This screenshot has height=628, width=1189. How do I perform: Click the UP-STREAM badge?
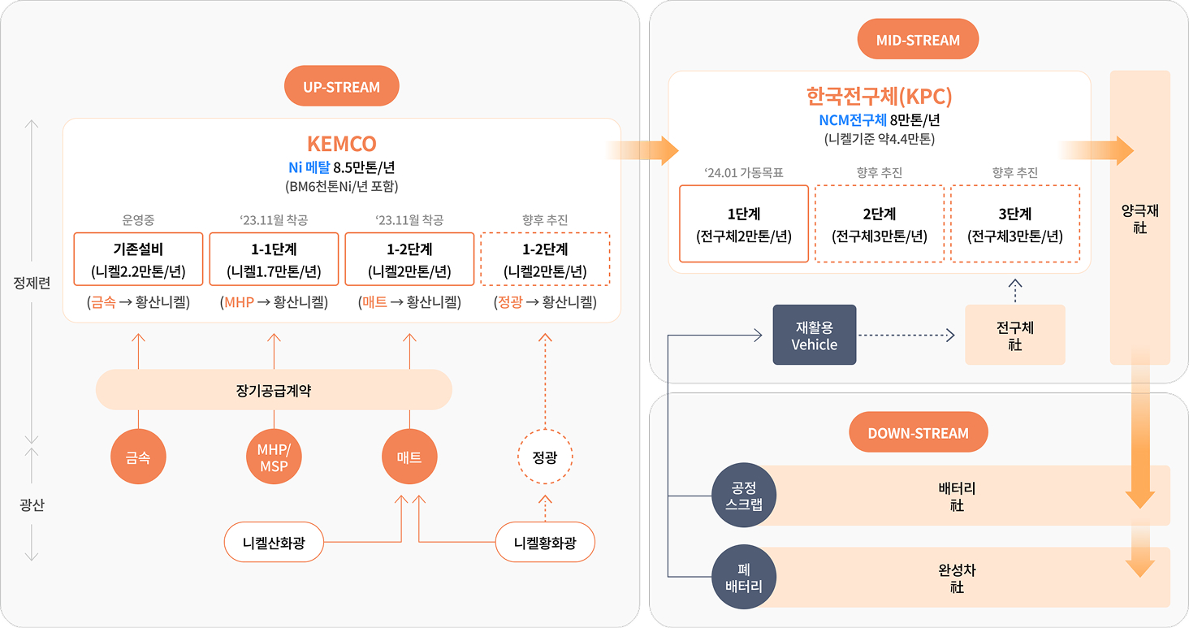tap(341, 86)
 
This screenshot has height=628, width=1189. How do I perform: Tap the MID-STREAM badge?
tap(918, 39)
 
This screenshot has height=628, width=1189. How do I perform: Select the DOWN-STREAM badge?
tap(919, 432)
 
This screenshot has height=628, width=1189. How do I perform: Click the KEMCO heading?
tap(341, 143)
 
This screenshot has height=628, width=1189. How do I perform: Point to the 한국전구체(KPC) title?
tap(879, 96)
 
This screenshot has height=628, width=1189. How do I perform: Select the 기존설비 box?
tap(138, 259)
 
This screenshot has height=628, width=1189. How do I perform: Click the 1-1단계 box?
tap(274, 259)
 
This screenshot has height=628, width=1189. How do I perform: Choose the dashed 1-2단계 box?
tap(545, 259)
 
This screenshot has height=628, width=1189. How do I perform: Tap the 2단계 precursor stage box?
tap(879, 223)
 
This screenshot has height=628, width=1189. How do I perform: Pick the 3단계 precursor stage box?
tap(1015, 223)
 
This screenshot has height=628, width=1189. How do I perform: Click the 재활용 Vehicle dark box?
tap(815, 335)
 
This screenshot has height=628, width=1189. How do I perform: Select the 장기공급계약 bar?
tap(274, 390)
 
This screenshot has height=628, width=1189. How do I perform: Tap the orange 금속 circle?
tap(138, 457)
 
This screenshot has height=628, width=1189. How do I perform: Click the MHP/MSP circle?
tap(274, 457)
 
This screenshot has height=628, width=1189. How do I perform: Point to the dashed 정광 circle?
tap(545, 457)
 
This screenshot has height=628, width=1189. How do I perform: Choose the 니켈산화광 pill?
tap(274, 542)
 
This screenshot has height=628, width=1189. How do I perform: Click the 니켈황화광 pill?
tap(545, 542)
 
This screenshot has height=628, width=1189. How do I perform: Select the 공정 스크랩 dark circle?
tap(744, 496)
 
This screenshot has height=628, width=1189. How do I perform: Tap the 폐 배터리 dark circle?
tap(744, 577)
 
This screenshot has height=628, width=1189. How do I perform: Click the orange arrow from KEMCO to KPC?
tap(642, 151)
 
